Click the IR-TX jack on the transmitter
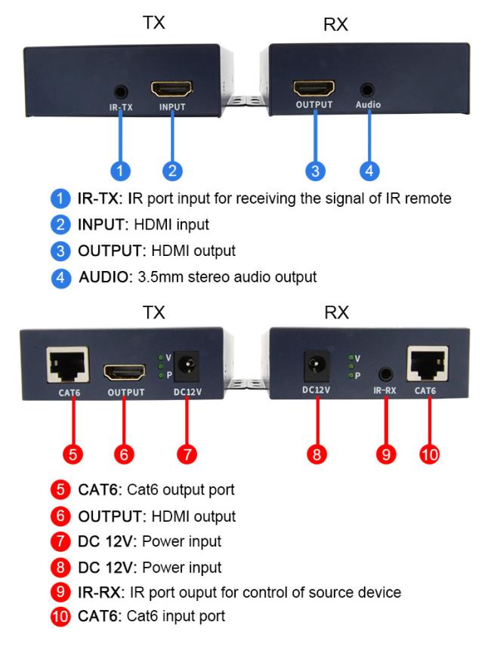[121, 91]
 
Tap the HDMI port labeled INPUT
[171, 89]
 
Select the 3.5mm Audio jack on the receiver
[367, 90]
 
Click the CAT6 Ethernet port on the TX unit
[68, 365]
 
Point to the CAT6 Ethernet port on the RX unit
[428, 363]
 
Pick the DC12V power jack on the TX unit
[186, 366]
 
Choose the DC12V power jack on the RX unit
[317, 365]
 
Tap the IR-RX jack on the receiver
[386, 374]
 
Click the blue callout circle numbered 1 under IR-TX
[120, 171]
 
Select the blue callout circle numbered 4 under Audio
[369, 171]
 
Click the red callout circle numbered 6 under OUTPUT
[124, 454]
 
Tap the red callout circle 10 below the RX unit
[429, 454]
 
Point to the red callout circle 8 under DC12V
[317, 454]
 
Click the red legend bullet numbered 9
[60, 592]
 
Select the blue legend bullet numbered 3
[60, 251]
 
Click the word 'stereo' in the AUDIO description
[208, 276]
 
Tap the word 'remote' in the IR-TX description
[428, 198]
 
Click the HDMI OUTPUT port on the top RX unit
[314, 88]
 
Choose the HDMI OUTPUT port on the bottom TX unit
[125, 372]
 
